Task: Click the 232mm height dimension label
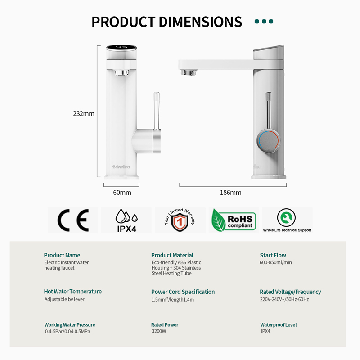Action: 84,114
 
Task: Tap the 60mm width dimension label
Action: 122,193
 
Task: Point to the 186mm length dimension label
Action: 231,193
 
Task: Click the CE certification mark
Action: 73,220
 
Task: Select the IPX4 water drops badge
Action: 127,220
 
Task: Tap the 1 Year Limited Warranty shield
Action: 180,220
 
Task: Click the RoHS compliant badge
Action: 234,220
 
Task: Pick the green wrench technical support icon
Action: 286,217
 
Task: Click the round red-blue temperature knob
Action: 268,140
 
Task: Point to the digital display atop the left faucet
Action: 121,48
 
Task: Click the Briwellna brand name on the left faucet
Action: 121,167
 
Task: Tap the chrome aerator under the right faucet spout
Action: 189,72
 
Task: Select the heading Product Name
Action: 62,255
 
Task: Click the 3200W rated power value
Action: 159,331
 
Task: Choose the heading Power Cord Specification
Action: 183,292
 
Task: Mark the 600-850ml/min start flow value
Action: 276,262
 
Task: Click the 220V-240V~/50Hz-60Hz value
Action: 284,299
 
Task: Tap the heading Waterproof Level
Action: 279,325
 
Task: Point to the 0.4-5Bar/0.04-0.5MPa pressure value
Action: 67,331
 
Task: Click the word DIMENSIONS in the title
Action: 200,22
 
